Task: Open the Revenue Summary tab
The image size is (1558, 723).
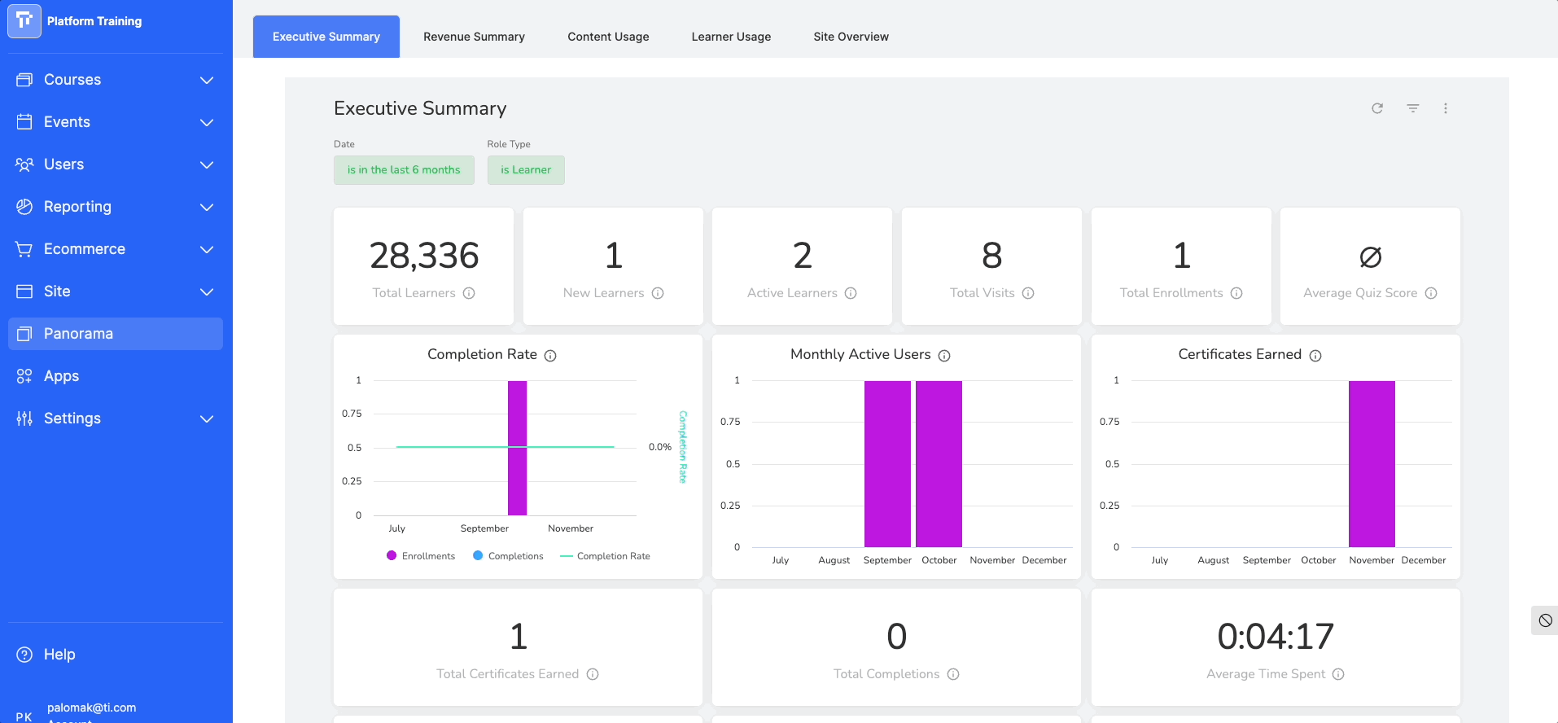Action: tap(474, 37)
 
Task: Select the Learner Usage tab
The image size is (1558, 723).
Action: tap(731, 37)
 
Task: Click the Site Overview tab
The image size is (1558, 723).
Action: tap(851, 37)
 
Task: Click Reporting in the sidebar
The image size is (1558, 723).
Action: tap(77, 207)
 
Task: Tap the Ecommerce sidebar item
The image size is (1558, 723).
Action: tap(84, 249)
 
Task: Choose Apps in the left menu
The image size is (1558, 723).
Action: tap(61, 376)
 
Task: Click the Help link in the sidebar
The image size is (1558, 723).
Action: tap(59, 655)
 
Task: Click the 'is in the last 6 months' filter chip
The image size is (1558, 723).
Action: tap(404, 170)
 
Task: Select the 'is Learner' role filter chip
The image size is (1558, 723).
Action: tap(526, 170)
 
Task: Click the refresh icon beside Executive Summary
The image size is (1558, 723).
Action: tap(1377, 108)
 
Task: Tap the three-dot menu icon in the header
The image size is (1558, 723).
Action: tap(1446, 108)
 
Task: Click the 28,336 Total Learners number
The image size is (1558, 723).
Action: tap(424, 256)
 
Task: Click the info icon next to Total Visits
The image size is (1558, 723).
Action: tap(1028, 293)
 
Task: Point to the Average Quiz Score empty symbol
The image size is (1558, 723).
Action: tap(1370, 257)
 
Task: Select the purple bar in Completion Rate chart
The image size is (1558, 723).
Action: tap(517, 448)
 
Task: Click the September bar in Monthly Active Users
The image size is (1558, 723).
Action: tap(887, 464)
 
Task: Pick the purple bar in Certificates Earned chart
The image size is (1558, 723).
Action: tap(1372, 464)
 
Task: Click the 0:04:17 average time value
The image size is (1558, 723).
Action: tap(1276, 637)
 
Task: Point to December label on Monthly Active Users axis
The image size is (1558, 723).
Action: tap(1044, 560)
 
